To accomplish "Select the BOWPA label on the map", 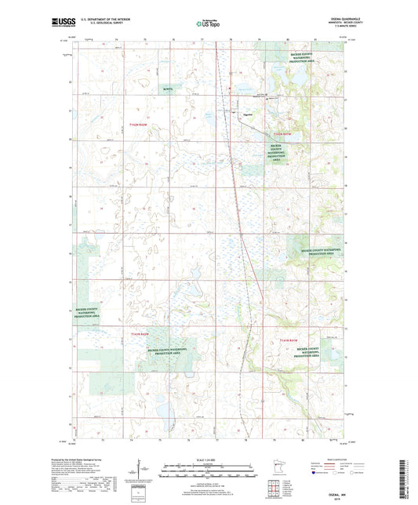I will pos(170,90).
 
